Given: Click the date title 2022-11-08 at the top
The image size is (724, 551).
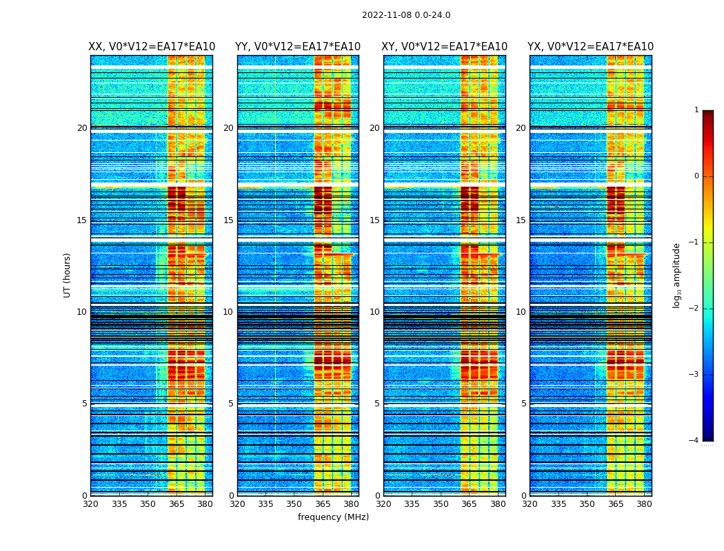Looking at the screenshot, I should click(406, 15).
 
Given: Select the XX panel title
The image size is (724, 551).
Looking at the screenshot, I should click(152, 47).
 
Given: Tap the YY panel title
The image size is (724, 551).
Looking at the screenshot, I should click(298, 47).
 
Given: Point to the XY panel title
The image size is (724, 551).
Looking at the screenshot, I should click(445, 47).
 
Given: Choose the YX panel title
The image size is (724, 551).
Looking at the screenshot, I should click(590, 47).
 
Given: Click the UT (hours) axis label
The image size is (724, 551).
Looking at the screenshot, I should click(68, 275).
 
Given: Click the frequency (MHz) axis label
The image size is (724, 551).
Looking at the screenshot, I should click(333, 517).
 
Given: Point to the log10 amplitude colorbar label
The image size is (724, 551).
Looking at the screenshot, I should click(677, 275).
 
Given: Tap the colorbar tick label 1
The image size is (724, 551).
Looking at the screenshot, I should click(696, 110).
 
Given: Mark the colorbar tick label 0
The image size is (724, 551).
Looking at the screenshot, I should click(696, 176).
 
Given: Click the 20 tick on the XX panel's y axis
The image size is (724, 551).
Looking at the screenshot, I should click(82, 128).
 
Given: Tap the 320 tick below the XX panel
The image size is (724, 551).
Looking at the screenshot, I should click(90, 504).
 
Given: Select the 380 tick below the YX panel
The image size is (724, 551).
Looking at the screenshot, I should click(644, 504).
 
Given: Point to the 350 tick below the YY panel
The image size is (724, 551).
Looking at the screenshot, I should click(294, 504).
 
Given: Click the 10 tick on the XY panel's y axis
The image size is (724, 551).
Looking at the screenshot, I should click(374, 312).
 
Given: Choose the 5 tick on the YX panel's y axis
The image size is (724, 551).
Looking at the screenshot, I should click(523, 404).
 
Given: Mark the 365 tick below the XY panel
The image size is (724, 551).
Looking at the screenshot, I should click(470, 504).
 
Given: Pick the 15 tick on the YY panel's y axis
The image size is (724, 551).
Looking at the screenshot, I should click(228, 220).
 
